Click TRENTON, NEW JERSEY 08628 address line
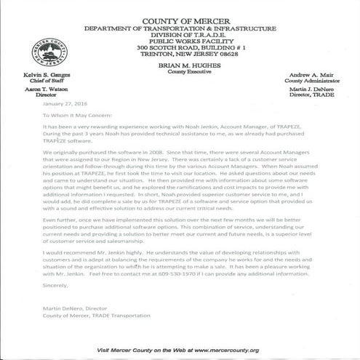[180, 52]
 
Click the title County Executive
[180, 71]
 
